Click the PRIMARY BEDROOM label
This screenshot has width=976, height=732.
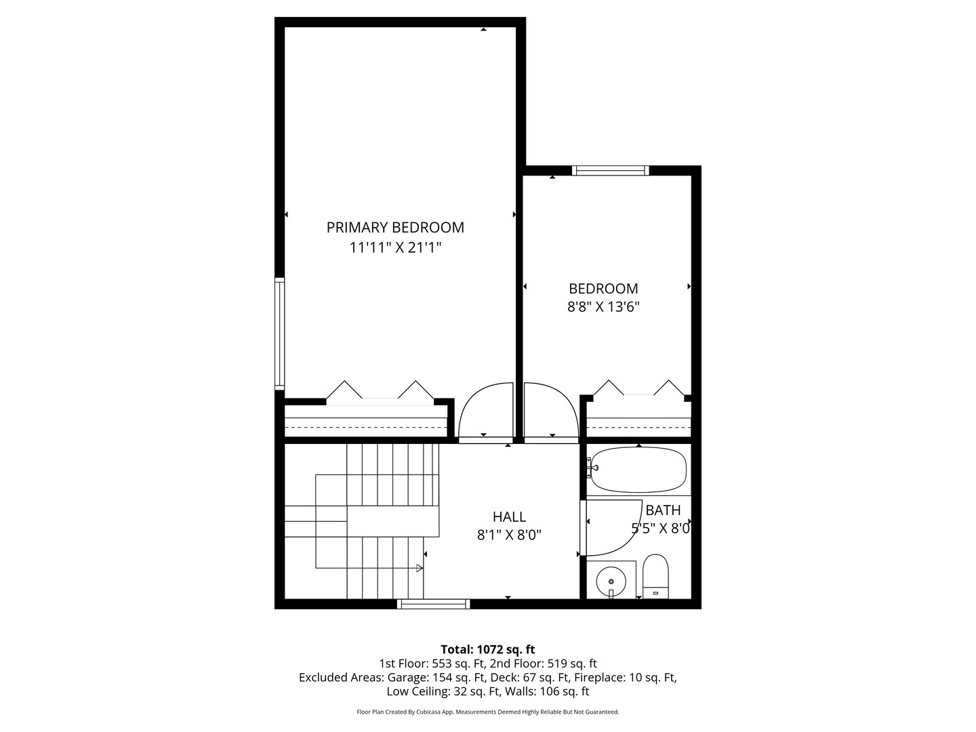pyautogui.click(x=395, y=228)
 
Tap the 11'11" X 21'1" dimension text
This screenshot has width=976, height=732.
pyautogui.click(x=395, y=247)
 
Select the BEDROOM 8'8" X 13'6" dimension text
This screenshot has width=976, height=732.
pyautogui.click(x=603, y=306)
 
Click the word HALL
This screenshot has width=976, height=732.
pyautogui.click(x=509, y=516)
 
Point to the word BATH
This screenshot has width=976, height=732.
pyautogui.click(x=663, y=510)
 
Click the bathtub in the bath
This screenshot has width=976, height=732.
pyautogui.click(x=638, y=469)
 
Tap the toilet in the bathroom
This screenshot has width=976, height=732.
pyautogui.click(x=655, y=576)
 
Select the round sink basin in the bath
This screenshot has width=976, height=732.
pyautogui.click(x=611, y=582)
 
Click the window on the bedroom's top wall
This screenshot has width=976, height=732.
pyautogui.click(x=610, y=170)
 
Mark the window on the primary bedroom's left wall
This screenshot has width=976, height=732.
pyautogui.click(x=279, y=333)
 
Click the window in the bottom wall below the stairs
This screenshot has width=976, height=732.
pyautogui.click(x=433, y=604)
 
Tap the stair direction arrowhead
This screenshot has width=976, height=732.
pyautogui.click(x=420, y=567)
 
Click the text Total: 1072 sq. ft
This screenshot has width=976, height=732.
pyautogui.click(x=488, y=649)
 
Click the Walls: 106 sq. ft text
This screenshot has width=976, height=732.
pyautogui.click(x=550, y=691)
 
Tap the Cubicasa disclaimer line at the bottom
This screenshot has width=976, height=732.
pyautogui.click(x=488, y=712)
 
